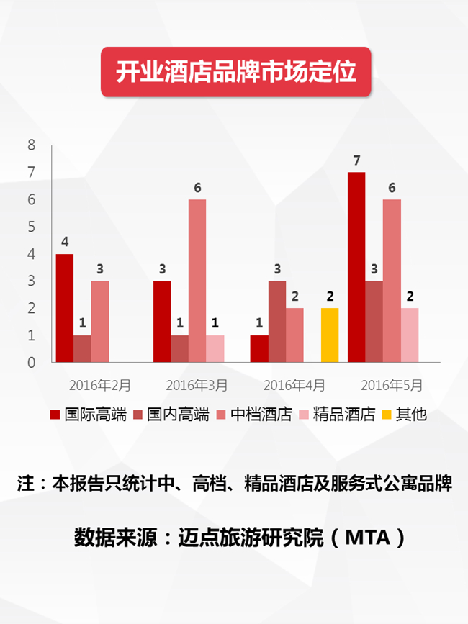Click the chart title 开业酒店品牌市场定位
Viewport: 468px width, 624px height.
[236, 72]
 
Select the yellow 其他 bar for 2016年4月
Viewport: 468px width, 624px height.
[330, 335]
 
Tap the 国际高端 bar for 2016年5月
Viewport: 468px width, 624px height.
[356, 267]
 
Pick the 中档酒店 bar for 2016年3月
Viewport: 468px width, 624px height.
[197, 281]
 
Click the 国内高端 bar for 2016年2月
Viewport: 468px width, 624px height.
[82, 348]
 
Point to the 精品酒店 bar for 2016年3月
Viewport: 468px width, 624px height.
[215, 348]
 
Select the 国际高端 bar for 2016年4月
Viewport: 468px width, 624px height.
[259, 348]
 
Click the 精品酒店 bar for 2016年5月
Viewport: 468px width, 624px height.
[410, 335]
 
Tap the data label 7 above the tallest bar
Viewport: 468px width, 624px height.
[356, 160]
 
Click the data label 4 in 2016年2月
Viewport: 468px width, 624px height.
[65, 242]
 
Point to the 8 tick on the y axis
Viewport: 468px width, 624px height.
[32, 145]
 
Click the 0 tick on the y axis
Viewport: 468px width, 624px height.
[32, 363]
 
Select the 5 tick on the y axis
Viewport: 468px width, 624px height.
[32, 227]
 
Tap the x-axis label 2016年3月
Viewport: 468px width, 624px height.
[197, 385]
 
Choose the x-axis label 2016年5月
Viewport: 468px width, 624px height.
[392, 385]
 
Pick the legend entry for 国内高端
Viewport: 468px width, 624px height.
[171, 415]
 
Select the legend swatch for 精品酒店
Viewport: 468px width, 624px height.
[304, 415]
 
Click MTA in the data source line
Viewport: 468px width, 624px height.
[368, 538]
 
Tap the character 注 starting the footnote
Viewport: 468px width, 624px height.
[25, 484]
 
